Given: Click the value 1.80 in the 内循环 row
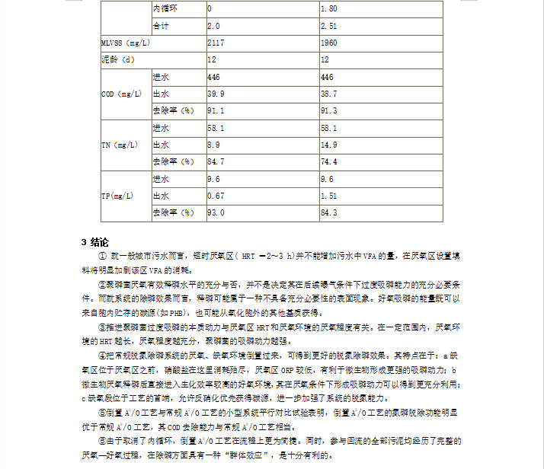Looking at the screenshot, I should coord(328,9).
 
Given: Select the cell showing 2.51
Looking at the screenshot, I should coord(328,26).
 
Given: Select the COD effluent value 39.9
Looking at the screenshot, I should coord(216,94).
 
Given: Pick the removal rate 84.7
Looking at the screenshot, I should coord(216,161).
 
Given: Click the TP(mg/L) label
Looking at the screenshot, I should coord(117,196).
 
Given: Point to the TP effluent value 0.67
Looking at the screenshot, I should coord(216,196).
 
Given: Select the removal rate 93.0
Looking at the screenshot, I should coord(216,212).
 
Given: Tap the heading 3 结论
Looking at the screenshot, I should coord(95,242).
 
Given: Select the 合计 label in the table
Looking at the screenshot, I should coord(161,26).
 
